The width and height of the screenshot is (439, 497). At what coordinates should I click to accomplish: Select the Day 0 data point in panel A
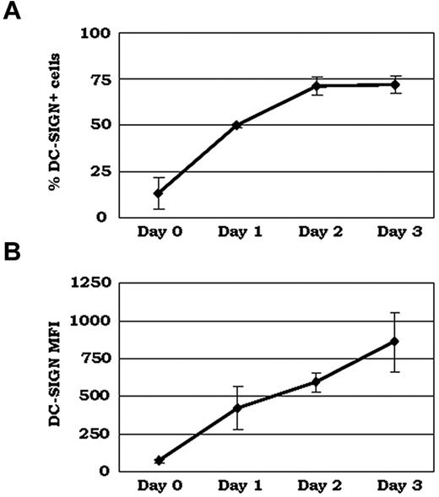158,193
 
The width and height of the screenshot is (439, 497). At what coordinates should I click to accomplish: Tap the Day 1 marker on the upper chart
237,125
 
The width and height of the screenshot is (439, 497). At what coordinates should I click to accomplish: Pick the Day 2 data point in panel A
316,86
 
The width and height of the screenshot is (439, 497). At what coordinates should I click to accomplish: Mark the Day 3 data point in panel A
394,84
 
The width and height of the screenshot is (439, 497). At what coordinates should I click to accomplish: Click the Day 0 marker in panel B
158,461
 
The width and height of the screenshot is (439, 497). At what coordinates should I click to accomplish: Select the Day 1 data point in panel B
237,408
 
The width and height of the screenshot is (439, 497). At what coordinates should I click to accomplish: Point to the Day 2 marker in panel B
316,382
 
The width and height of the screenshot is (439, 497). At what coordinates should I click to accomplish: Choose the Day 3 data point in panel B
394,342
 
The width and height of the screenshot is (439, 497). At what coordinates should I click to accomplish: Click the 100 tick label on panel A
95,35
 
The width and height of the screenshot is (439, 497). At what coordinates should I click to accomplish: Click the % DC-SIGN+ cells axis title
53,125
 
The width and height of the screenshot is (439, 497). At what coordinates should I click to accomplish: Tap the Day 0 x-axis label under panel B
158,488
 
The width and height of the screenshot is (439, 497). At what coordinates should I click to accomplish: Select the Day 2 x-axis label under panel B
316,488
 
